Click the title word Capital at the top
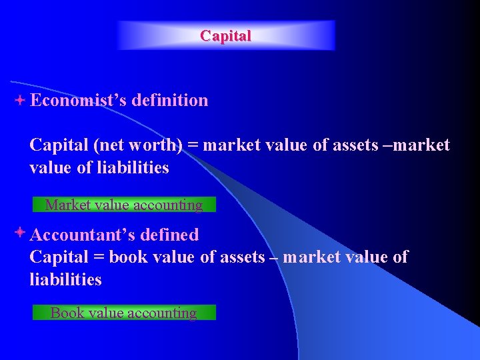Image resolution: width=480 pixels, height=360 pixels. [226, 36]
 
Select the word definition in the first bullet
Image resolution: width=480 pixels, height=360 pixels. [170, 101]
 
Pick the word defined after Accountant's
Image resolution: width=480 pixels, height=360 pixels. [171, 235]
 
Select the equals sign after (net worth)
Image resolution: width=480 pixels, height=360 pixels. [193, 145]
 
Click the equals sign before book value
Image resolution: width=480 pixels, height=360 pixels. [99, 257]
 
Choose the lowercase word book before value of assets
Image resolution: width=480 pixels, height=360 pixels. [129, 257]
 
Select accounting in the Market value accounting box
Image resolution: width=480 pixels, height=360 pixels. [168, 205]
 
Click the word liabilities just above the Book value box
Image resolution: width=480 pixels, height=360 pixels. [65, 280]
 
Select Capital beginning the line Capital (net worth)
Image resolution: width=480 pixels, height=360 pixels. [59, 145]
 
